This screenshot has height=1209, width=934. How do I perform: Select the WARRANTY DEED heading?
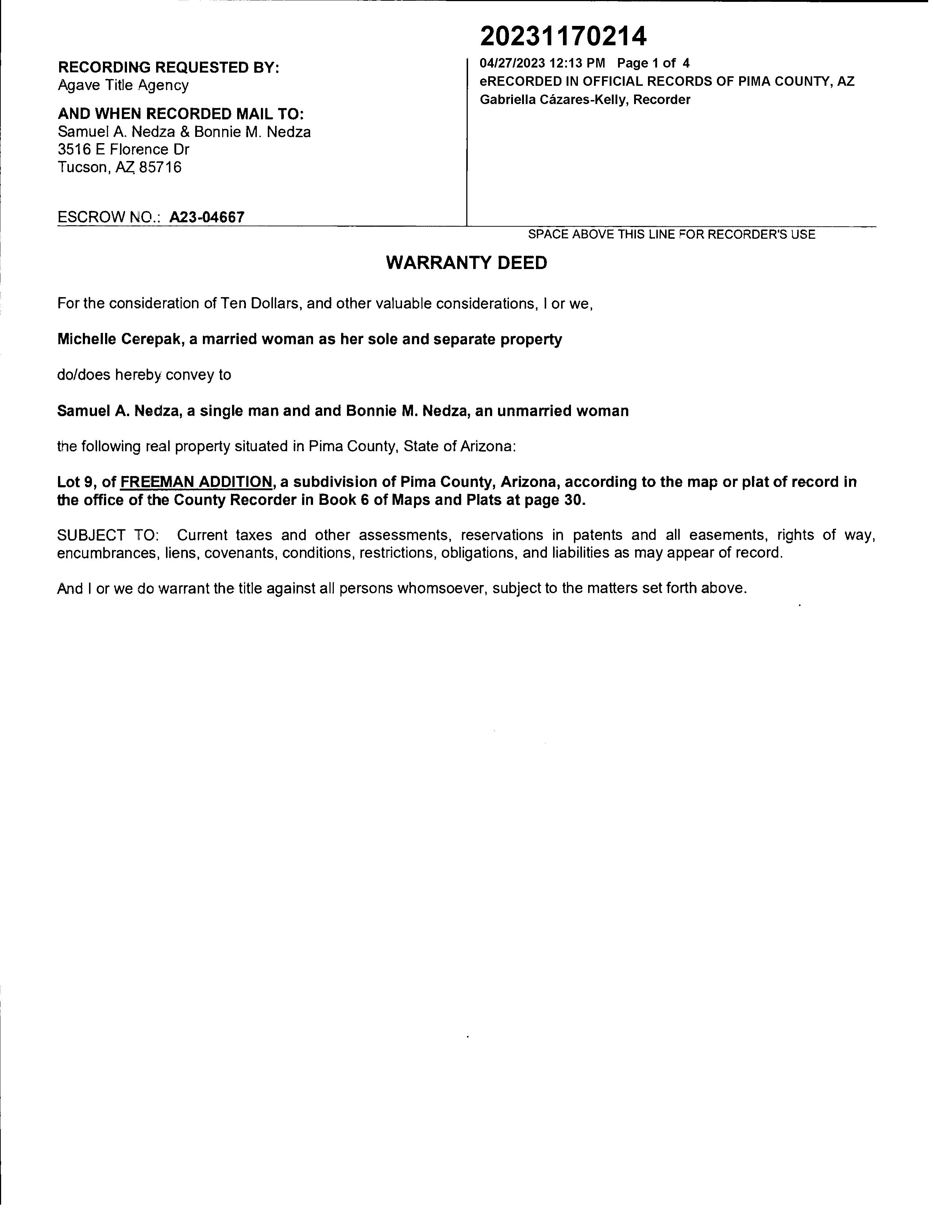pyautogui.click(x=466, y=263)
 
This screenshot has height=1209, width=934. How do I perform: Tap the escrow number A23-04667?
pyautogui.click(x=207, y=217)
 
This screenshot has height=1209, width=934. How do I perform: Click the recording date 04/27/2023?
pyautogui.click(x=512, y=63)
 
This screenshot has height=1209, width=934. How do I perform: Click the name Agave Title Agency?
pyautogui.click(x=123, y=85)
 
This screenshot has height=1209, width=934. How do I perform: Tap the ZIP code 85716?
pyautogui.click(x=161, y=167)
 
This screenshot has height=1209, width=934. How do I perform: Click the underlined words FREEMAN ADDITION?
pyautogui.click(x=196, y=482)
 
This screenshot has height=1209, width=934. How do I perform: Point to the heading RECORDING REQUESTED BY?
pyautogui.click(x=168, y=68)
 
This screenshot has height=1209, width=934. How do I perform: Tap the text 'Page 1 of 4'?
pyautogui.click(x=653, y=63)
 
